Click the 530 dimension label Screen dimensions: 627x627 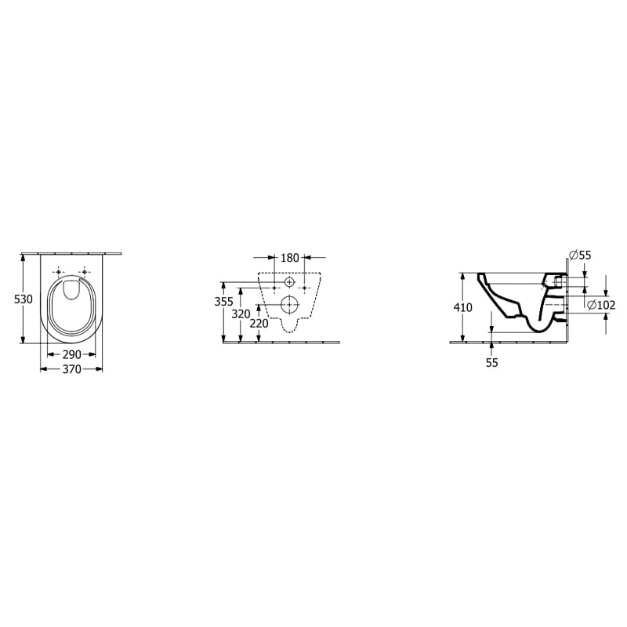tap(24, 299)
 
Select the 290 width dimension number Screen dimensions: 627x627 tap(72, 354)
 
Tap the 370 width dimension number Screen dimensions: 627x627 tap(72, 369)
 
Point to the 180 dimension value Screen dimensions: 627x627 tap(290, 258)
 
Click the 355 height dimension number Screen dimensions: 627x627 tap(224, 302)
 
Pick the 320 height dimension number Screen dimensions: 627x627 tap(241, 314)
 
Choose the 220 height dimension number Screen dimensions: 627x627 tap(259, 323)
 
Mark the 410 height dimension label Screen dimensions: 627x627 tap(462, 307)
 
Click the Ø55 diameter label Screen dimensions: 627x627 tap(580, 256)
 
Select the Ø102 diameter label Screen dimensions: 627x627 tap(601, 305)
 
